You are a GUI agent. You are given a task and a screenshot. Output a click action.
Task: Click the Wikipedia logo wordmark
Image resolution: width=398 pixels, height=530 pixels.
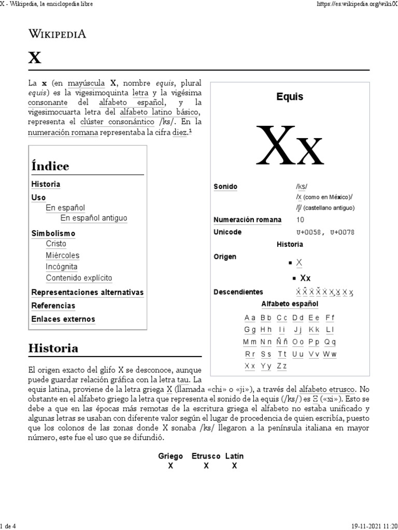pos(57,35)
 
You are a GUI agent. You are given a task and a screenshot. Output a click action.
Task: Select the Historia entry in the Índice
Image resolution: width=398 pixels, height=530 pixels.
pos(46,184)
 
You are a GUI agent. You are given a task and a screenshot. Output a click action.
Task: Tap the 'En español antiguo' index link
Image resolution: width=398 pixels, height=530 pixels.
pos(93,218)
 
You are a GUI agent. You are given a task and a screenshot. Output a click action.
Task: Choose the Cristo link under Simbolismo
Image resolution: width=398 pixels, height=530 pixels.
pos(56,243)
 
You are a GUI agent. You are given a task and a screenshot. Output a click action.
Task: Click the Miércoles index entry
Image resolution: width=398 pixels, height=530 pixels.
pos(62,255)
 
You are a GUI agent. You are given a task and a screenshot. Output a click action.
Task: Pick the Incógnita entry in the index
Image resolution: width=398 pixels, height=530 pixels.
pos(61,267)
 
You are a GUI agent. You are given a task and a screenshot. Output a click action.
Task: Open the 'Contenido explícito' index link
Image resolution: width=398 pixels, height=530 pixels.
pos(79,278)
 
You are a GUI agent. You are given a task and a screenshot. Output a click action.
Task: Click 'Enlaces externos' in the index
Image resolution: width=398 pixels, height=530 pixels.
pos(63,319)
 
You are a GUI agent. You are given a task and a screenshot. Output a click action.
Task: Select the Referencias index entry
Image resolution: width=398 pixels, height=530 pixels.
pos(53,305)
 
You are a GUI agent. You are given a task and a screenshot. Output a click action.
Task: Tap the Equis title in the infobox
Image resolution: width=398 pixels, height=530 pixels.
pos(290,97)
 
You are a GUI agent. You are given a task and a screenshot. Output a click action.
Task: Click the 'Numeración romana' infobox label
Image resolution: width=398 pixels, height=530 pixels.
pos(247,219)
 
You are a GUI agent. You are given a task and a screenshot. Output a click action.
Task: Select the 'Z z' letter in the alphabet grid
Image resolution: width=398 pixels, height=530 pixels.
pos(281,366)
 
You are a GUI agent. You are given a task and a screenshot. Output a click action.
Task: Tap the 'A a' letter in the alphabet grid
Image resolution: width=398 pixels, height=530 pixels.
pos(250,317)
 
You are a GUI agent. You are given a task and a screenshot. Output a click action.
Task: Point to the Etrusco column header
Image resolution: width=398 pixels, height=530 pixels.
pos(206,456)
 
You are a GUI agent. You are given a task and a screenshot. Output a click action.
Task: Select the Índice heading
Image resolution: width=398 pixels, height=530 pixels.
pos(50,166)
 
